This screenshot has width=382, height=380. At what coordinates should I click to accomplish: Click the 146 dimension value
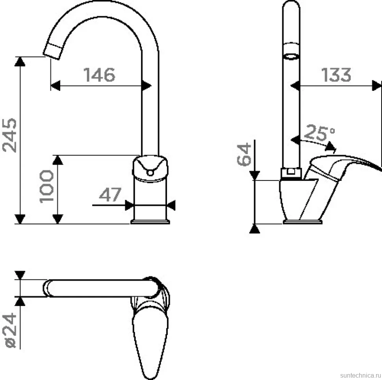click(x=99, y=75)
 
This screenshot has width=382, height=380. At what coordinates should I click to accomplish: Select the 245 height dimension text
click(x=9, y=135)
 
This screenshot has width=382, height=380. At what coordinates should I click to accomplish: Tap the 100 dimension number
click(x=46, y=186)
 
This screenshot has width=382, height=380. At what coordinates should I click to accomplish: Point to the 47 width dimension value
click(x=110, y=194)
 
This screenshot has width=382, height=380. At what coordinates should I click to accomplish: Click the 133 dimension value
click(x=336, y=75)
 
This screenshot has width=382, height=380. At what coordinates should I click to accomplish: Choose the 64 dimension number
click(x=244, y=155)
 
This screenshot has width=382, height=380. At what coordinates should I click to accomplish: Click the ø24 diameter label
click(x=9, y=331)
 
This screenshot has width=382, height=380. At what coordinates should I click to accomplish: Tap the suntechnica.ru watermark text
click(x=361, y=375)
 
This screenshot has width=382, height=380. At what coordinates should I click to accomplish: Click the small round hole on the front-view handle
click(x=150, y=173)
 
